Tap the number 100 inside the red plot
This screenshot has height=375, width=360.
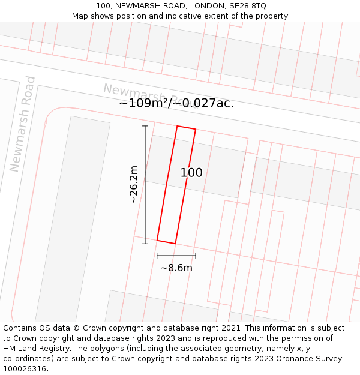[x=191, y=173]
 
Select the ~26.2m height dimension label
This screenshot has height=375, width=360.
[x=134, y=185]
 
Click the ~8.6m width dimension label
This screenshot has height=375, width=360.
[x=176, y=268]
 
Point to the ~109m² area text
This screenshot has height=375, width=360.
[x=145, y=103]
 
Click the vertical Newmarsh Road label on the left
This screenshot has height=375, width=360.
[x=23, y=124]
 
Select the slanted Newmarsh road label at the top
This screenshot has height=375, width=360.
[x=142, y=94]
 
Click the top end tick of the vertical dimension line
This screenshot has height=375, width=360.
[x=145, y=126]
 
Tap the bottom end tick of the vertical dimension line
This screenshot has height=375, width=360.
[x=145, y=244]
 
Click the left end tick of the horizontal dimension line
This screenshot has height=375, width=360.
[x=157, y=256]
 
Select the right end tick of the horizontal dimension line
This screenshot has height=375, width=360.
[x=196, y=256]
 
